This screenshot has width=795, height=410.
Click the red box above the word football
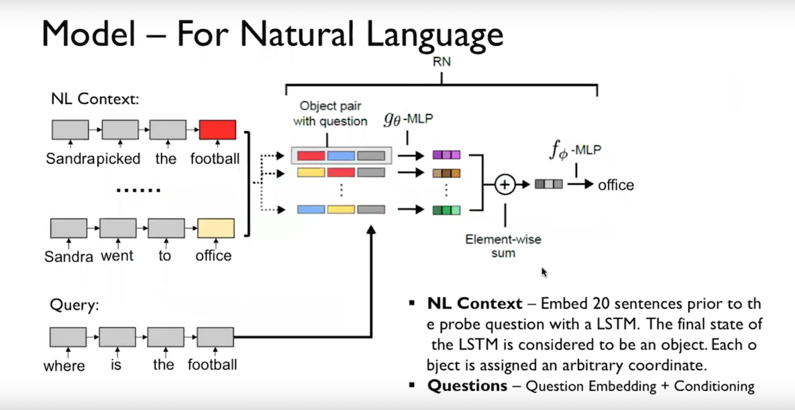coord(217,130)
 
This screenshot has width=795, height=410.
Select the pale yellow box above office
coord(216,229)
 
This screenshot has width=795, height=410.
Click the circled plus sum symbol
coord(505,185)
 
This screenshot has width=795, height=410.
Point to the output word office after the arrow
coord(615,185)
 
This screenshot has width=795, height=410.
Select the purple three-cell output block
coord(447,155)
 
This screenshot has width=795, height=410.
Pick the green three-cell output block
coord(447,211)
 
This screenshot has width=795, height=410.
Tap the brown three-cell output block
coord(447,174)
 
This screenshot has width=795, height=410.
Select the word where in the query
coord(64,366)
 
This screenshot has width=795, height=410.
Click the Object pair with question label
coord(333,113)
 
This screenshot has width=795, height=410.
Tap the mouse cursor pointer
coord(545,272)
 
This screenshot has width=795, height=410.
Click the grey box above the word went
coord(118,229)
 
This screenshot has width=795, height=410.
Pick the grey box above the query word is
coord(117,337)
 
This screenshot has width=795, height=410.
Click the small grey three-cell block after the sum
coord(549,184)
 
